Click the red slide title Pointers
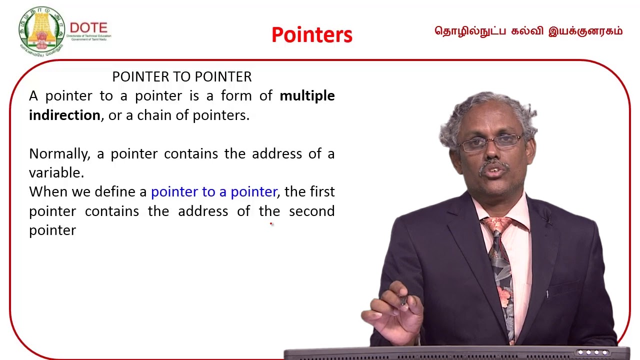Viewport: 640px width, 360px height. [312, 35]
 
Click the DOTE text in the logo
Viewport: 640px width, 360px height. [88, 28]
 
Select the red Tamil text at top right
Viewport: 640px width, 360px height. [528, 31]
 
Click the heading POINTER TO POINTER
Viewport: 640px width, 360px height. [181, 77]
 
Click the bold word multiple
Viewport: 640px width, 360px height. [307, 96]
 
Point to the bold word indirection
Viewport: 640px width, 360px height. [64, 115]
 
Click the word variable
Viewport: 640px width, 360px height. [55, 173]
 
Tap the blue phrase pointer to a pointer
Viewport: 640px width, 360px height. [213, 192]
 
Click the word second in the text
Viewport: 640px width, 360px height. [311, 211]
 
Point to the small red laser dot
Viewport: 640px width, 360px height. [271, 224]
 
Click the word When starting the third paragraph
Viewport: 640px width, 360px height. [48, 192]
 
